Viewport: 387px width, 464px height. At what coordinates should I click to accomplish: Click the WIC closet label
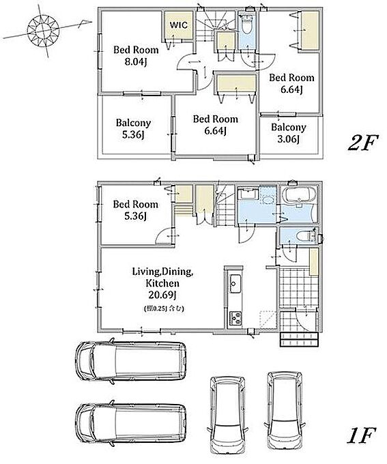coord(179,25)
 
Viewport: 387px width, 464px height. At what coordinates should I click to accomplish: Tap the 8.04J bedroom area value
coord(136,62)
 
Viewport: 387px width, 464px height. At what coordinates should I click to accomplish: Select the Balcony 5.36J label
coord(134,129)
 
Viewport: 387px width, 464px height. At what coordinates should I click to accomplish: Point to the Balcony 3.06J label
coord(289,133)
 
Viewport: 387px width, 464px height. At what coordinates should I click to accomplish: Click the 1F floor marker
coord(361,435)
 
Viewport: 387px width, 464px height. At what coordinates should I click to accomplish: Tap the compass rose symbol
coord(43,30)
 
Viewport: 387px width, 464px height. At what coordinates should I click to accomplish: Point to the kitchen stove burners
coord(235,319)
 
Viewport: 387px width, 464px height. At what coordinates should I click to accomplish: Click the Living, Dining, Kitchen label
coord(162,277)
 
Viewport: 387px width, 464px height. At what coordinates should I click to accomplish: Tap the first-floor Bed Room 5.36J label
coord(136,210)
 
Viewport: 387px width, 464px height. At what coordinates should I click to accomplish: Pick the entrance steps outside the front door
coord(299,340)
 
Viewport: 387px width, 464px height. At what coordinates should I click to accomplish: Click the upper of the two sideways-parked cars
coord(131,361)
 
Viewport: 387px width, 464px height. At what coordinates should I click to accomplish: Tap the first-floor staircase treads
coord(225,209)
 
